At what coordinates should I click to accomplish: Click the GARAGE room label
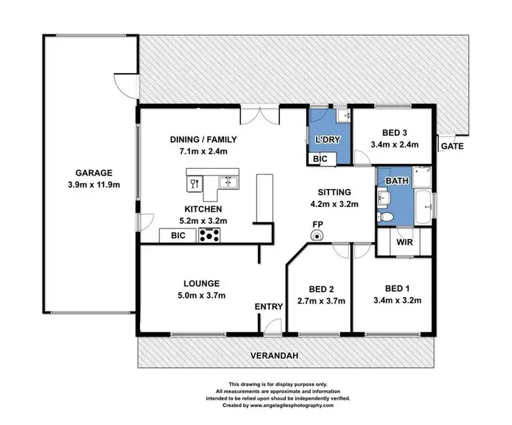point(90,174)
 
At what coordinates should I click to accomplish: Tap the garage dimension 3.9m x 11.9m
point(90,184)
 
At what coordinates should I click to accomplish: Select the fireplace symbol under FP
point(317,236)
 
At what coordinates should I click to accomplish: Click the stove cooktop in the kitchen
point(209,236)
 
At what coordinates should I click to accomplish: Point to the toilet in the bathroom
point(386,217)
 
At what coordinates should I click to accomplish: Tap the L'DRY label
point(327,141)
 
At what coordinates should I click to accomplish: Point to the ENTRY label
point(268,307)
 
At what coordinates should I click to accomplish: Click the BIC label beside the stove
point(178,236)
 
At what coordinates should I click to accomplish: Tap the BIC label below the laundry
point(321,159)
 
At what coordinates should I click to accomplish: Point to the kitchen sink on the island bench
point(227,182)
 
